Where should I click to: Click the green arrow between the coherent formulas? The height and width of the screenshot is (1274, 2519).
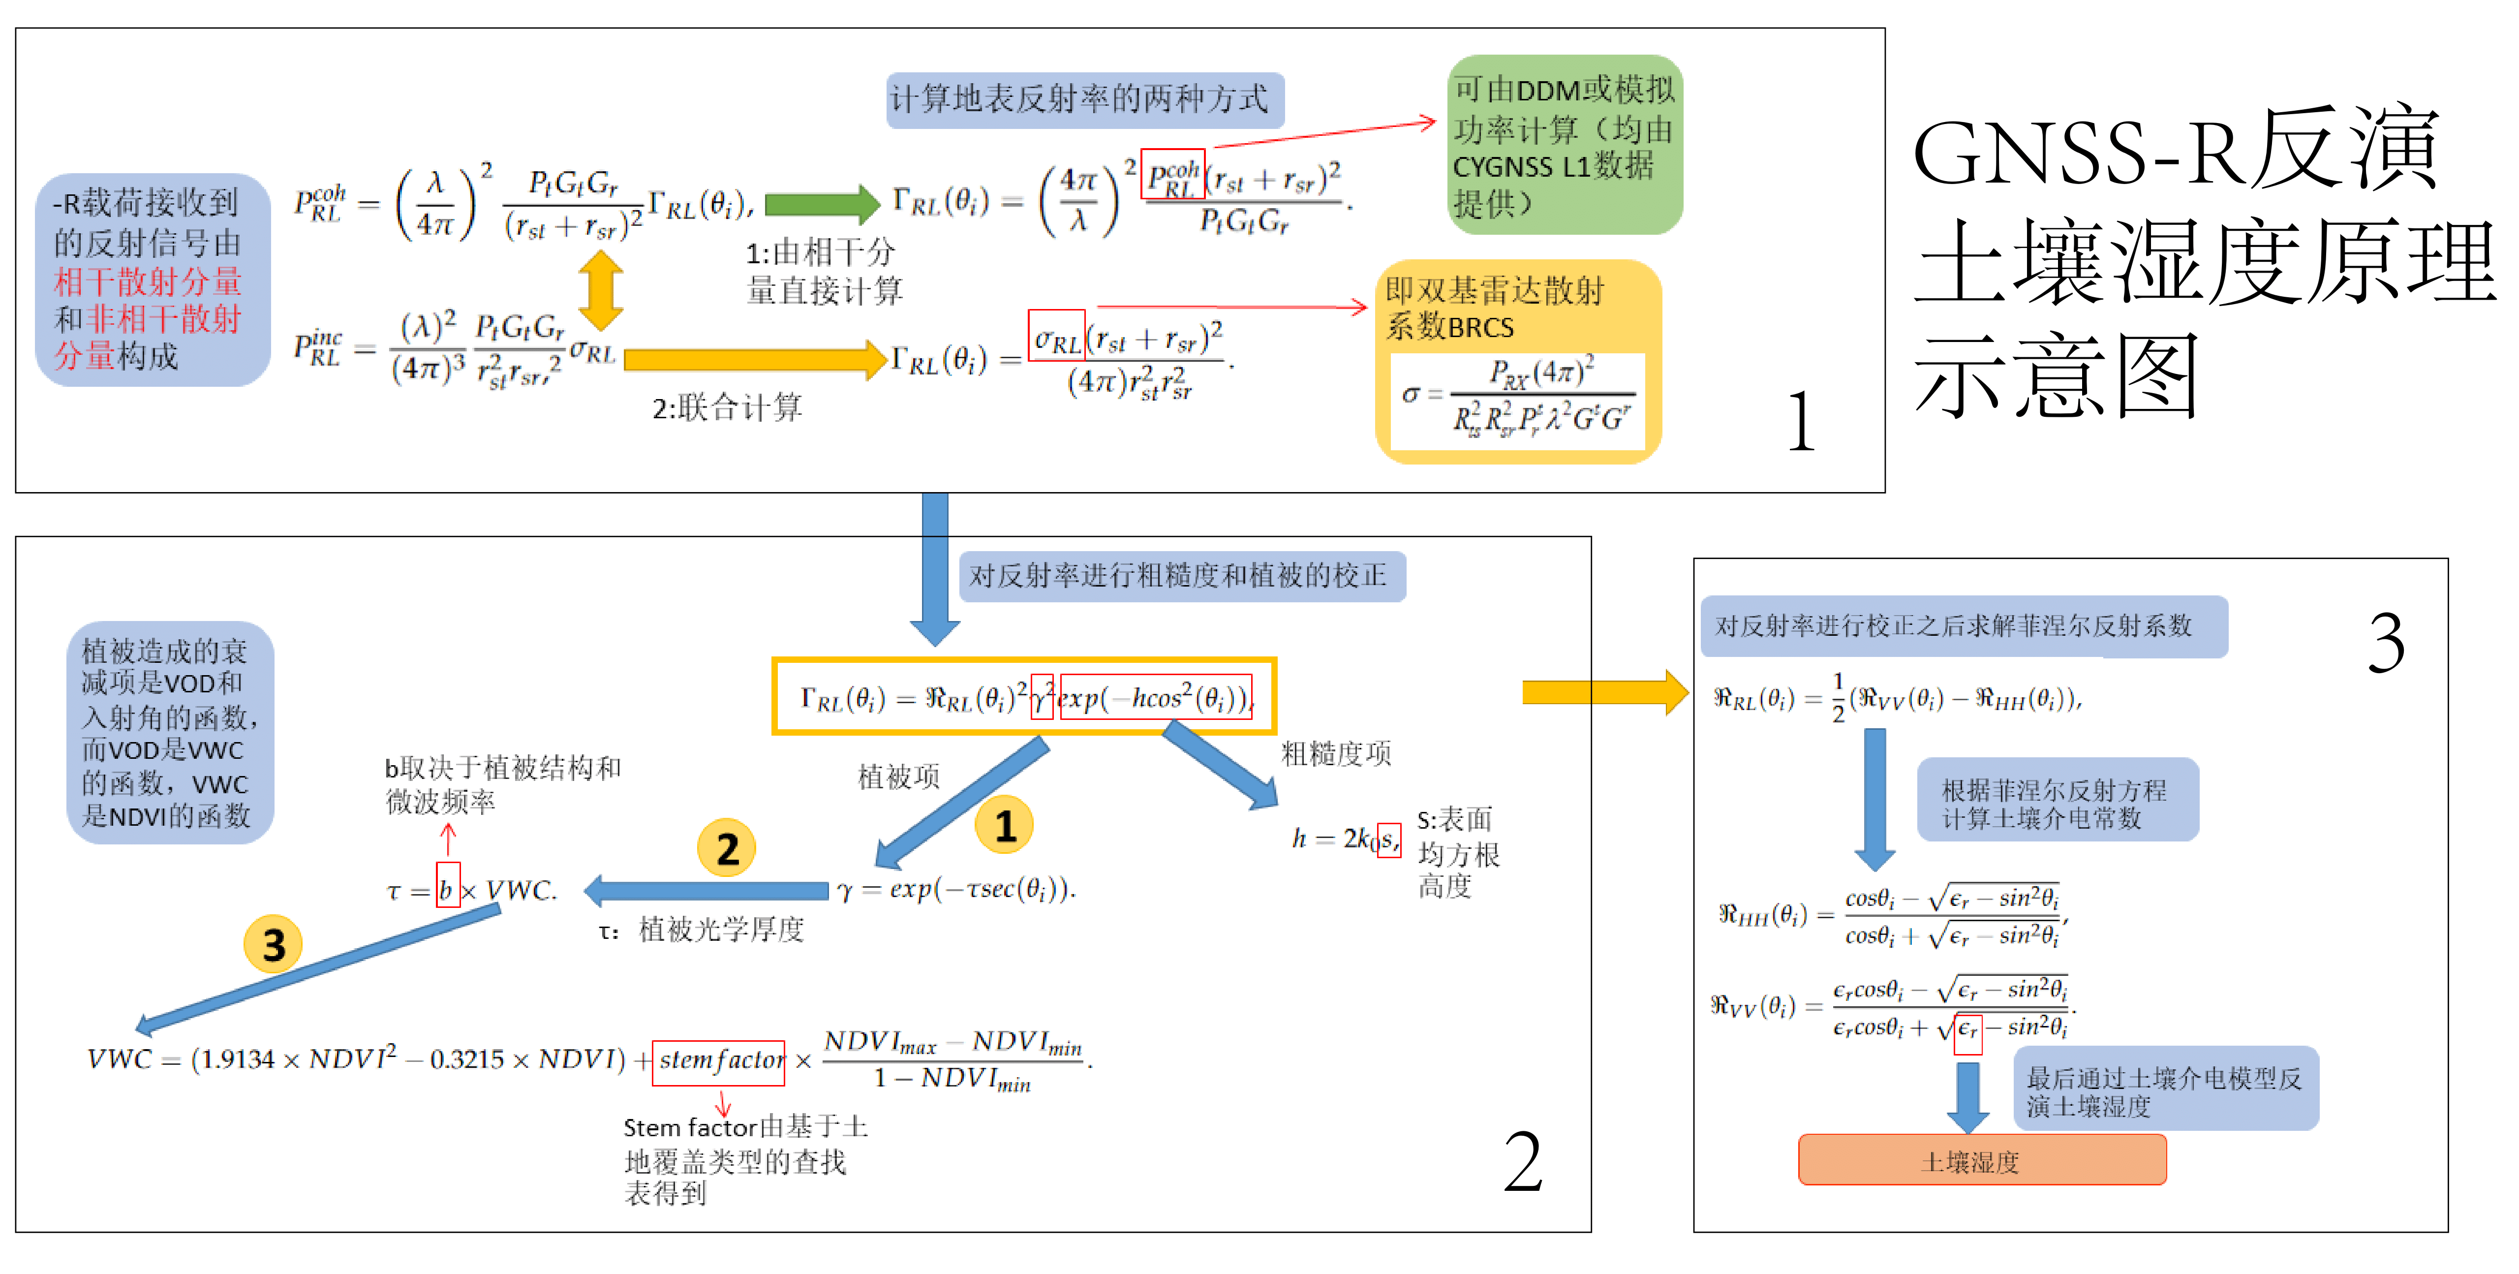(822, 203)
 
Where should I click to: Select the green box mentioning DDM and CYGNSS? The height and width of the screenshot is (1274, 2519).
(1565, 145)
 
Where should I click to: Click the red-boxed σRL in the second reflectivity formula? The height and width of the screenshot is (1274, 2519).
(1056, 336)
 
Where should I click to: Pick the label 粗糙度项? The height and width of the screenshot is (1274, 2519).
(1336, 753)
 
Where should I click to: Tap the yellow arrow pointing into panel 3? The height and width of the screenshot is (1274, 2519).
(1604, 692)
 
